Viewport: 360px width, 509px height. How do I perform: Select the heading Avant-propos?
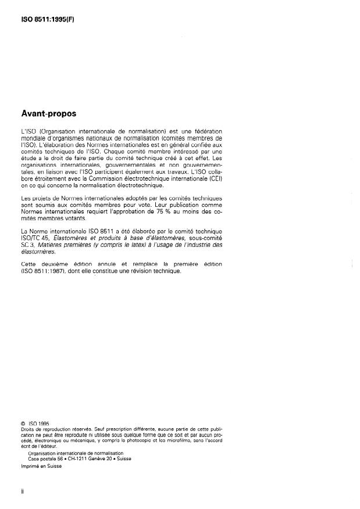point(49,113)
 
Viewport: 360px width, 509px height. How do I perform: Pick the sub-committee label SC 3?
point(28,246)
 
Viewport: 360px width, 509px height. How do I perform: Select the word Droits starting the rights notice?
point(27,429)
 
